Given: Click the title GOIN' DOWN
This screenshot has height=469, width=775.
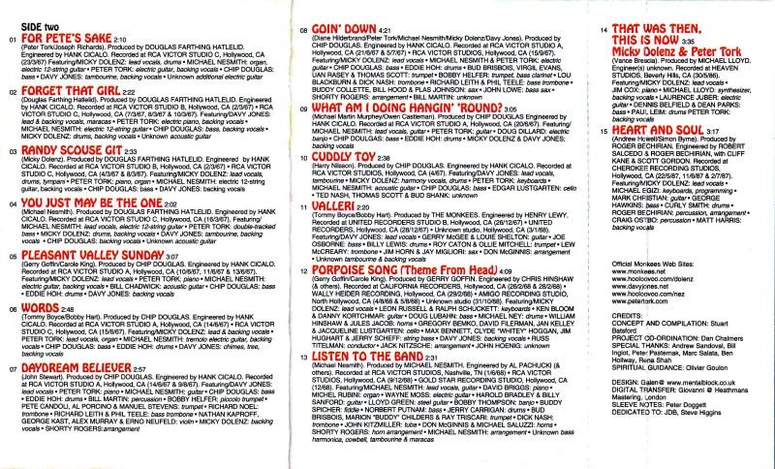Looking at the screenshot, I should [341, 30].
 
